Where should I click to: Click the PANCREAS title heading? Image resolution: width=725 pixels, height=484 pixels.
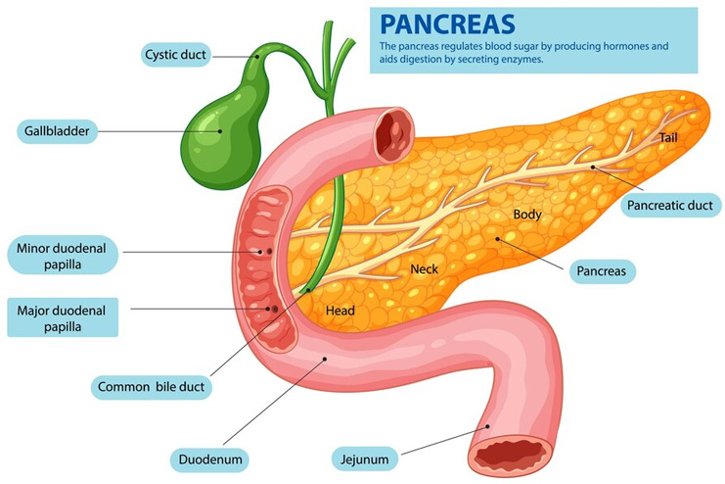[447, 24]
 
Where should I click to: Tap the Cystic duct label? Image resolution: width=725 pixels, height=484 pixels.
[176, 55]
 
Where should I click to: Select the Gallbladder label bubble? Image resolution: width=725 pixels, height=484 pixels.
[57, 131]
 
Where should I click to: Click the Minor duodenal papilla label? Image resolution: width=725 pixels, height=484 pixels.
[63, 256]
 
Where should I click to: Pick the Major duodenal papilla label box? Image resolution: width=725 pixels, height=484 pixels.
[63, 317]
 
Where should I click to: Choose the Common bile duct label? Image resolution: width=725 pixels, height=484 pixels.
[152, 387]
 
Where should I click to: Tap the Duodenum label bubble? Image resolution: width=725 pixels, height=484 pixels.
[210, 460]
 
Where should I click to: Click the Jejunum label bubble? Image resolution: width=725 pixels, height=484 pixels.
[364, 460]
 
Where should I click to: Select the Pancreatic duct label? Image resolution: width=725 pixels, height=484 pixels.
[670, 205]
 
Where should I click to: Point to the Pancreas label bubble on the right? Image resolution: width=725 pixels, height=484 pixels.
[602, 271]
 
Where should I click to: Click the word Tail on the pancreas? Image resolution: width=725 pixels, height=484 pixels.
[668, 137]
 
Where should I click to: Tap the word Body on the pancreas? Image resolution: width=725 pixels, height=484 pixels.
[527, 215]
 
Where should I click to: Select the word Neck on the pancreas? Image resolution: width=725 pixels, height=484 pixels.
[424, 268]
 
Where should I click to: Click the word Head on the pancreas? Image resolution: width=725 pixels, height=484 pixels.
[340, 311]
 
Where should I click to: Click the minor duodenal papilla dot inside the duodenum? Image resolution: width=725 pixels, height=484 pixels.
[269, 252]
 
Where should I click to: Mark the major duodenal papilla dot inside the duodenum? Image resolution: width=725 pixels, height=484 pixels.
[275, 309]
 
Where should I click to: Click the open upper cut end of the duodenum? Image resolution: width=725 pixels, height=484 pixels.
[394, 134]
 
